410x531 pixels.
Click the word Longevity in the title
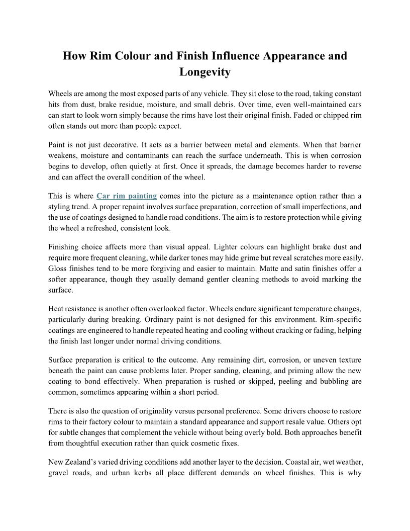pos(205,72)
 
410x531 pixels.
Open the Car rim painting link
pos(127,196)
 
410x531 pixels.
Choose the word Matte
pos(273,269)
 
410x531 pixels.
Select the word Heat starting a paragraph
pos(57,309)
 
